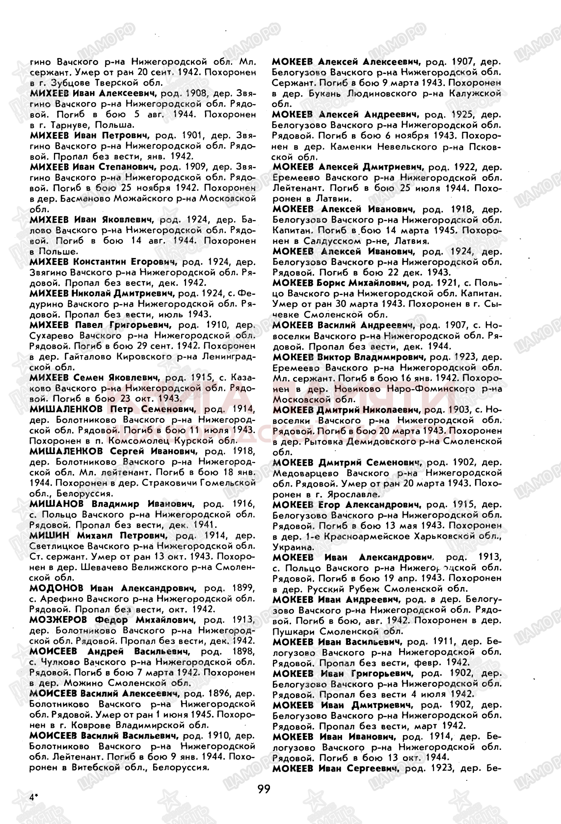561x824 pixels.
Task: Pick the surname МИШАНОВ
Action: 56,503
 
